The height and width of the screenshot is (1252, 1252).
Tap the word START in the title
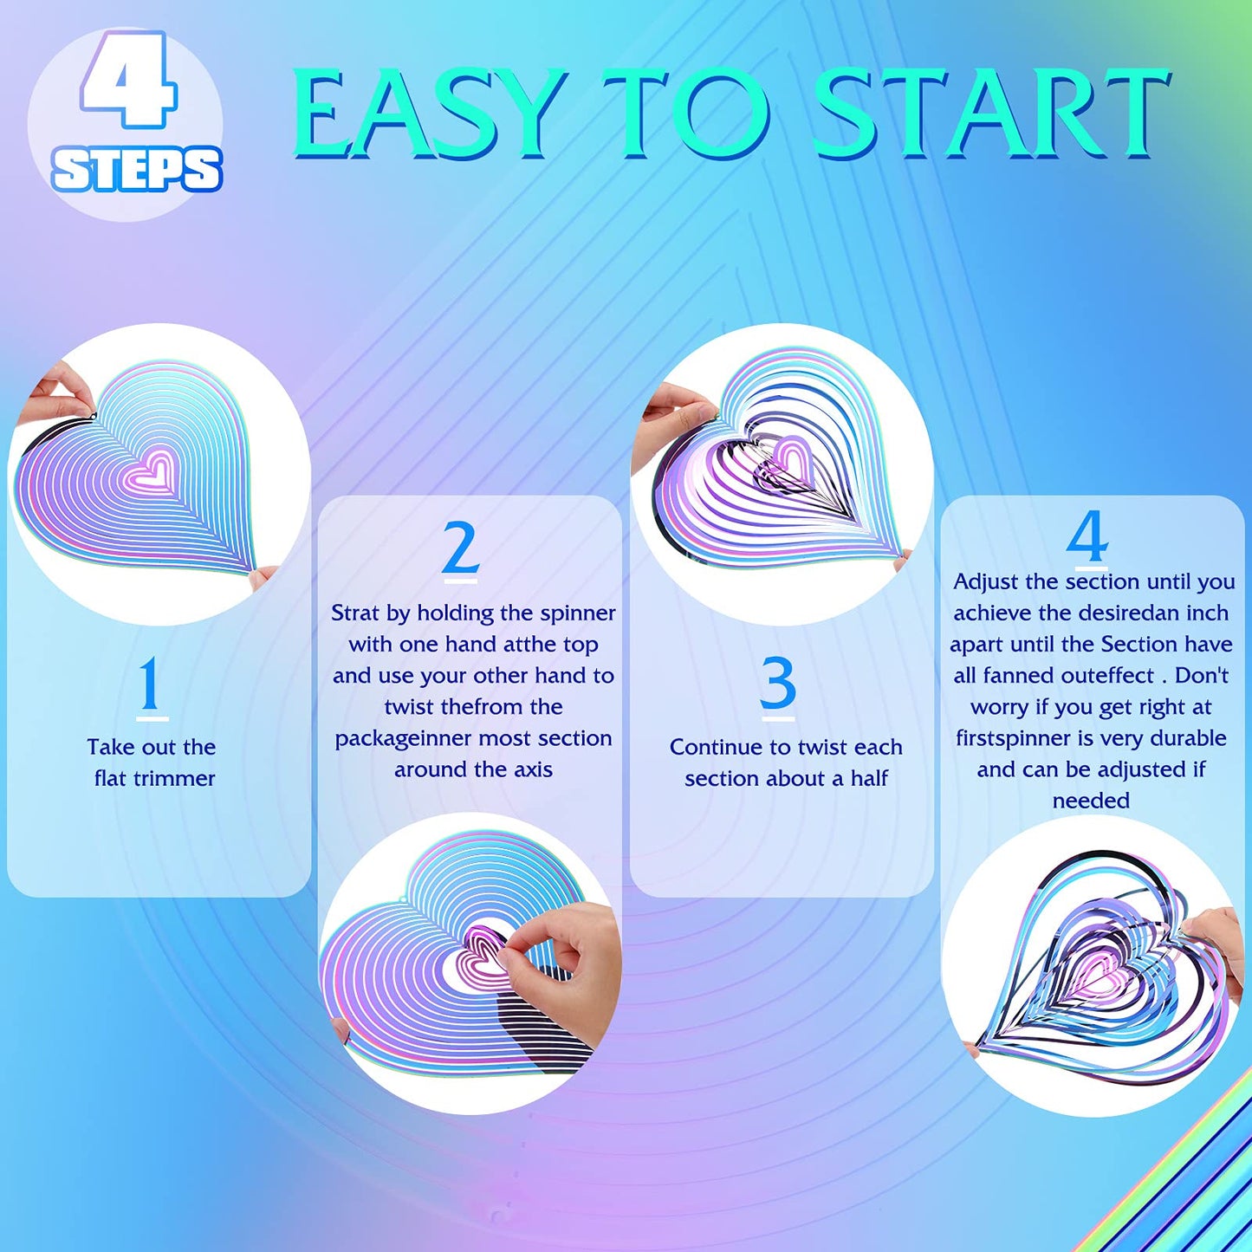pos(992,113)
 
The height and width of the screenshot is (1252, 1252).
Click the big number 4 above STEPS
pos(128,81)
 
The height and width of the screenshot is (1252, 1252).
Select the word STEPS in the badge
pos(137,170)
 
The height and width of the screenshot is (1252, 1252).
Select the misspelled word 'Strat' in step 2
pos(354,613)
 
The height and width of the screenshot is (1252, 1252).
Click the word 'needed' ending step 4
pos(1091,801)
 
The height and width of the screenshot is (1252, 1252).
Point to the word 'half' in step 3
pos(869,778)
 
